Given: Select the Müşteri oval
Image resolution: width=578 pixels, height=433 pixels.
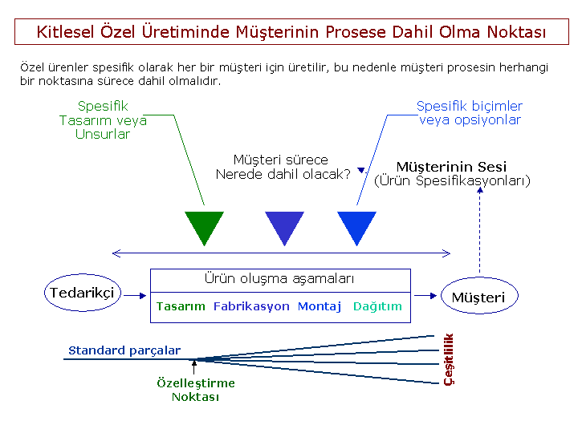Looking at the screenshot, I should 478,297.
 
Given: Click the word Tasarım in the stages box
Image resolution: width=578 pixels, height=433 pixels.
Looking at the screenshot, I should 181,306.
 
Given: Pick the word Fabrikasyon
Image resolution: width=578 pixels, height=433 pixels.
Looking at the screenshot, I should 251,306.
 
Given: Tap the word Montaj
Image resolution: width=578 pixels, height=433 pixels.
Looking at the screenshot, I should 320,306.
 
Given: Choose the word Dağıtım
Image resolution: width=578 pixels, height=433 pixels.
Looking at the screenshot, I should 377,306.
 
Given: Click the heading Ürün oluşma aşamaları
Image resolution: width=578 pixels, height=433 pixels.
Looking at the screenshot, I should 279,279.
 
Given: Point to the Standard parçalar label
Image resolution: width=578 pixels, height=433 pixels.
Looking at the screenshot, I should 124,350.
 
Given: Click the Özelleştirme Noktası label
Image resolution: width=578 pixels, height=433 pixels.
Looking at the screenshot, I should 195,390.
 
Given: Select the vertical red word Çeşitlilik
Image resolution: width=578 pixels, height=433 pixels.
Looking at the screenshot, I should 449,358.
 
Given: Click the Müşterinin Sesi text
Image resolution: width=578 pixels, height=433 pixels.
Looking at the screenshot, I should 452,167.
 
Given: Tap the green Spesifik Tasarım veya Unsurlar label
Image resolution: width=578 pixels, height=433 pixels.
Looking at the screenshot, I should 103,120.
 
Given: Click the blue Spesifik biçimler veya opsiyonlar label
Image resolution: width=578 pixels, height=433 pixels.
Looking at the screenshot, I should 470,113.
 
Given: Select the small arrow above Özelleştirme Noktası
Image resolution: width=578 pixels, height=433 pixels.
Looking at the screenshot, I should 194,368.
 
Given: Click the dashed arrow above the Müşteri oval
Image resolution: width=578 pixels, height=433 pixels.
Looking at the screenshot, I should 479,233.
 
